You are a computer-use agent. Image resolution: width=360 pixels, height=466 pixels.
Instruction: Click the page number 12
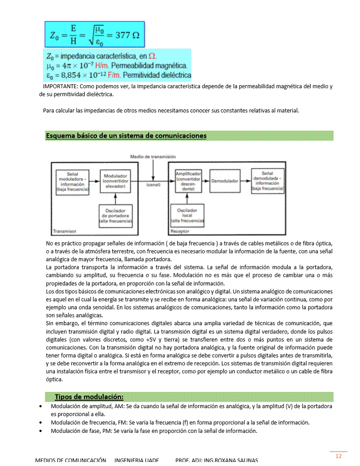(x=339, y=456)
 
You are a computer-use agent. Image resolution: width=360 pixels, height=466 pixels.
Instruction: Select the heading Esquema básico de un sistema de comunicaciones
(x=126, y=136)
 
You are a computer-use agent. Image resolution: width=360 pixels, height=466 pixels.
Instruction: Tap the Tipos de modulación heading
(x=89, y=396)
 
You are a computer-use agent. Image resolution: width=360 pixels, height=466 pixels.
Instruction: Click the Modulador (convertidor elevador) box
(x=115, y=181)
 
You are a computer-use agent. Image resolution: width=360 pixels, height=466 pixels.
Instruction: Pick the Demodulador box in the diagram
(x=225, y=181)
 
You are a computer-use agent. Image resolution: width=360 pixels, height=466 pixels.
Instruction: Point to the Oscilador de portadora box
(x=115, y=215)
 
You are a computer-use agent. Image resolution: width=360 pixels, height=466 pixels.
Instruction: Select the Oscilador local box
(x=187, y=215)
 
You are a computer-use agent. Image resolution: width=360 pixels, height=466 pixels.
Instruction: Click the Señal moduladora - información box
(x=72, y=181)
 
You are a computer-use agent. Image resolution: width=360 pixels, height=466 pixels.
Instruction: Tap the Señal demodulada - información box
(x=267, y=181)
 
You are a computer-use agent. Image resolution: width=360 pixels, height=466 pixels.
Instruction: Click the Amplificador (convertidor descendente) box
(x=188, y=181)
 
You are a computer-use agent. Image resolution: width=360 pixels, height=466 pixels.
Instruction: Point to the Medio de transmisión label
(x=153, y=157)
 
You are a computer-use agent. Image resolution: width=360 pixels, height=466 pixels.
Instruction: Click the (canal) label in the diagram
(x=153, y=185)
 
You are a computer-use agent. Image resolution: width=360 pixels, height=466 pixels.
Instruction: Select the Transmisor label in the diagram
(x=64, y=231)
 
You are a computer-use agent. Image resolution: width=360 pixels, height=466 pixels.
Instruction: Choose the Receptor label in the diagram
(x=180, y=231)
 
